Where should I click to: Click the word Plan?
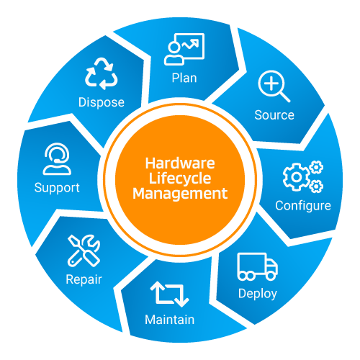[x=184, y=78]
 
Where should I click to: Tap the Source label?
[x=274, y=115]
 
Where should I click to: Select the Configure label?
[x=303, y=206]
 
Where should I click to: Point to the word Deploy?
[x=258, y=294]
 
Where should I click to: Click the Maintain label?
[x=170, y=320]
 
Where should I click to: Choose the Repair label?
[x=84, y=280]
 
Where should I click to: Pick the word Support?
[x=57, y=188]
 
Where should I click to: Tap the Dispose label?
[x=102, y=102]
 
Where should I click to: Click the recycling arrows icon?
[x=102, y=73]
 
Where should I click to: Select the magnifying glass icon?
[x=274, y=86]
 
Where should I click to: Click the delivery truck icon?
[x=258, y=266]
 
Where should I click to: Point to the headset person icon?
[x=57, y=158]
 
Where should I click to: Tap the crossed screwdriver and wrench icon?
[x=84, y=251]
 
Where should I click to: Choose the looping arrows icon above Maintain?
[x=170, y=294]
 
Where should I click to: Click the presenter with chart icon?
[x=184, y=49]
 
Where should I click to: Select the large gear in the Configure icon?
[x=297, y=177]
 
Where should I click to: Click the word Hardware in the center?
[x=180, y=163]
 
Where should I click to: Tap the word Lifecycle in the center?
[x=180, y=179]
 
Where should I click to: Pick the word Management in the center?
[x=180, y=194]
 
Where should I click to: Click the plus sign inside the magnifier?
[x=271, y=84]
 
